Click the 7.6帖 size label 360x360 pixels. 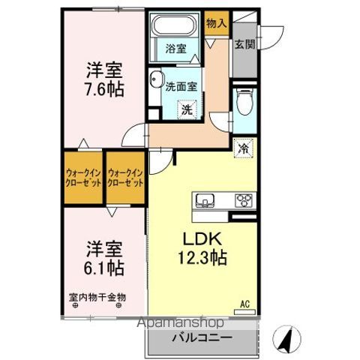tap(103, 88)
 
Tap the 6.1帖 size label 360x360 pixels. tap(103, 267)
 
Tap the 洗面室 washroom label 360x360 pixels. tap(182, 85)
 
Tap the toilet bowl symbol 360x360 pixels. tap(244, 102)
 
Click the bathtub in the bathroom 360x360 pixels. tap(174, 27)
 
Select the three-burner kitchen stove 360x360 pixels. tap(244, 200)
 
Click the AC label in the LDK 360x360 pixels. tap(244, 303)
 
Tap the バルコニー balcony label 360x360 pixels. tap(204, 338)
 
